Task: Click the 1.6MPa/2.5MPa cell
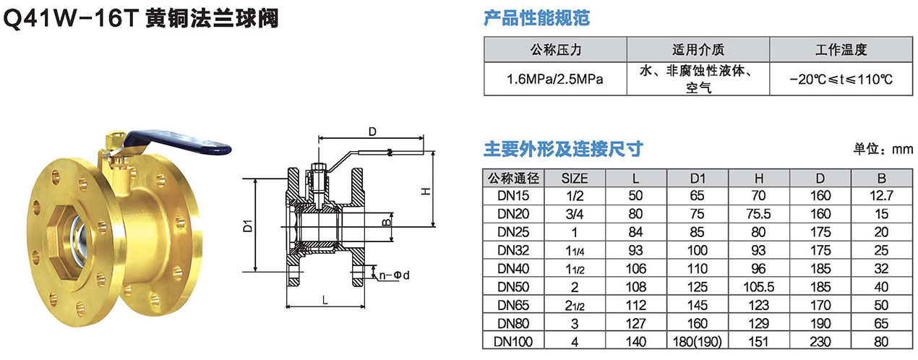click(554, 79)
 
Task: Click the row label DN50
click(514, 286)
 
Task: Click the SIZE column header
click(575, 178)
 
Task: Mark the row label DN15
click(514, 195)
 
